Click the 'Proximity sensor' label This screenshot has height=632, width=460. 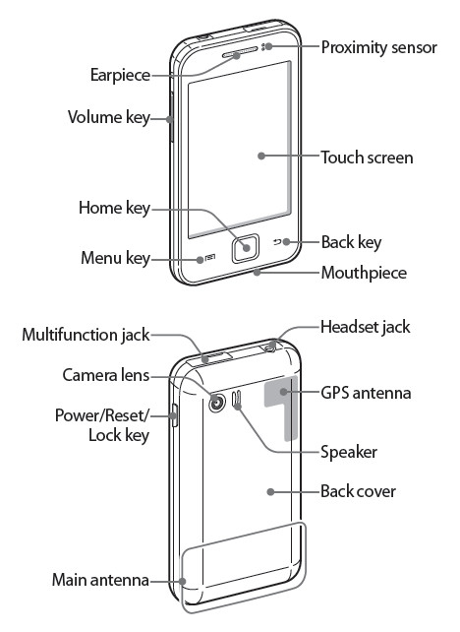point(378,47)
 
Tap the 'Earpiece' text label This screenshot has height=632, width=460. point(120,75)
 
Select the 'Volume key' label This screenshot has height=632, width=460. point(109,117)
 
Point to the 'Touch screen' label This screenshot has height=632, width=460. point(367,158)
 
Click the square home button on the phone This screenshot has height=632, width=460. point(245,247)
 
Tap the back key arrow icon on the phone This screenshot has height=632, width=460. point(277,242)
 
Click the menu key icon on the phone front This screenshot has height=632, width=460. point(210,258)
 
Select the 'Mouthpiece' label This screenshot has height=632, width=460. point(364,273)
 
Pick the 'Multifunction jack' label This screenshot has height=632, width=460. point(86,335)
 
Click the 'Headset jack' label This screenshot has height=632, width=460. point(365,327)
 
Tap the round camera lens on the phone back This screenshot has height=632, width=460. point(217,403)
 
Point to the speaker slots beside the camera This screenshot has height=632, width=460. point(237,399)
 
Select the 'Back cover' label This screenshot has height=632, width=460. point(358,491)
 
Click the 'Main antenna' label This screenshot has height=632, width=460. point(100,580)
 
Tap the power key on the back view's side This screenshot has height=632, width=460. point(174,414)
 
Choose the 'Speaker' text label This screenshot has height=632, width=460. point(349,452)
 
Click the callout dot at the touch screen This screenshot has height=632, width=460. point(261,156)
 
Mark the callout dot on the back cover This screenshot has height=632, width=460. point(271,492)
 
